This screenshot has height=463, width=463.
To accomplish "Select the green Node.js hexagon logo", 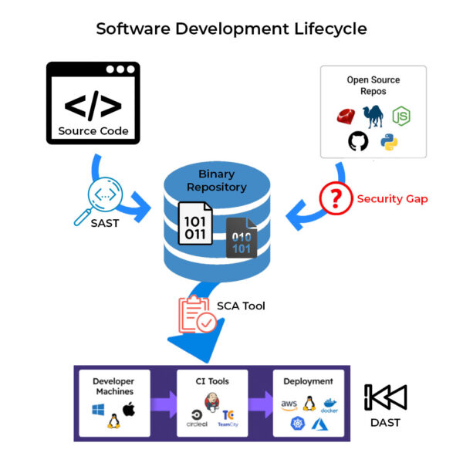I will [400, 116].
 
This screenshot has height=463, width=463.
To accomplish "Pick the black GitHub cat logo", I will [358, 141].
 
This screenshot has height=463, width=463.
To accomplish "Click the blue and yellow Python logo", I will [388, 141].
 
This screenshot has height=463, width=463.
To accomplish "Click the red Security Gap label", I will [392, 199].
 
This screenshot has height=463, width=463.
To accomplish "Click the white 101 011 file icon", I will [195, 224].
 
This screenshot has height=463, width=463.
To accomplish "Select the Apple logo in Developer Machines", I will [128, 409].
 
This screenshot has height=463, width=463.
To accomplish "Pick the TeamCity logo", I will [228, 417].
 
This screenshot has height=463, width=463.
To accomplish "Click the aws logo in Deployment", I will [289, 404].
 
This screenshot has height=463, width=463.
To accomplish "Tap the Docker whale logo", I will [330, 405].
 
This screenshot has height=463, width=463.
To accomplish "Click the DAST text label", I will [384, 423].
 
